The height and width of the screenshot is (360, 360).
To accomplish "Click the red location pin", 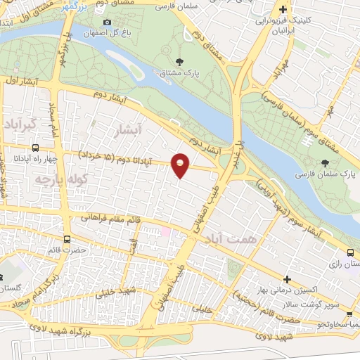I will (181, 165).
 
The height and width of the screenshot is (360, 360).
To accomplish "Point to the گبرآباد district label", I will (25, 126).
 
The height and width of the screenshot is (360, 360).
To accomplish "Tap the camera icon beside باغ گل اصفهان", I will (108, 24).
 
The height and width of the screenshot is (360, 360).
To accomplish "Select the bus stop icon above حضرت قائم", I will (66, 239).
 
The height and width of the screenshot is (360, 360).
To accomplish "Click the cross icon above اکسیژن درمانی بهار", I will (287, 280).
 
